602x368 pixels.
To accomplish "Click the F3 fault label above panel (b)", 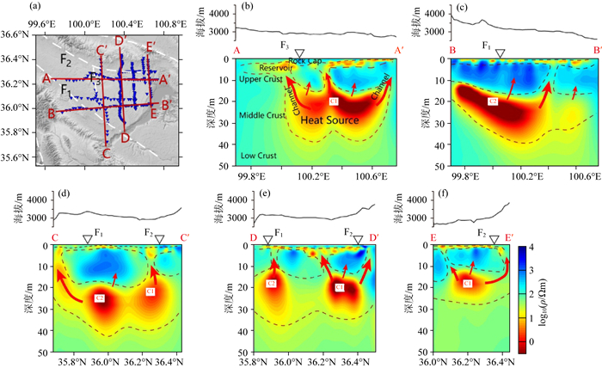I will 284,43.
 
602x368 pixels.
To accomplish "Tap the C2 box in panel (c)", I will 492,101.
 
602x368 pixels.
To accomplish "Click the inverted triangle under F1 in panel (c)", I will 501,53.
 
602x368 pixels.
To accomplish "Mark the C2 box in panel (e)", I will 271,283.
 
